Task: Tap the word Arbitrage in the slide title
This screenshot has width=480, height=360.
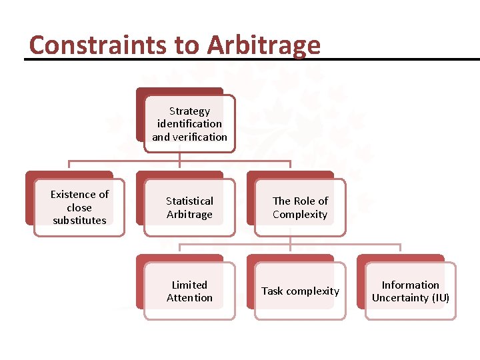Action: click(264, 45)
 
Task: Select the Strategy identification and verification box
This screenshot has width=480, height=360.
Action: click(189, 124)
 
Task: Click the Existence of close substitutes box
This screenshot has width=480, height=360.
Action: click(79, 207)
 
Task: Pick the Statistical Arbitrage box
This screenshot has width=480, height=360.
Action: click(189, 207)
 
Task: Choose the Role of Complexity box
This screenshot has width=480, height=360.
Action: click(300, 207)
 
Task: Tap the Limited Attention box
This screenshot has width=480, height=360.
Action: click(189, 291)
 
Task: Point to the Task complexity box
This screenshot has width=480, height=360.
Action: click(300, 291)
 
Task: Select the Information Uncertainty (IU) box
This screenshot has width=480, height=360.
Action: click(411, 291)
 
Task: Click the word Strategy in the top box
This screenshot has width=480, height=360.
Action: click(189, 111)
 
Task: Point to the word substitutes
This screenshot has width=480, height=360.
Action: click(79, 221)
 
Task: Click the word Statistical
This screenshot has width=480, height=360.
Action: click(189, 201)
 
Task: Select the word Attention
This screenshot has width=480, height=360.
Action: click(189, 298)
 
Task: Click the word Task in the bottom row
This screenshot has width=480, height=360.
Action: click(273, 291)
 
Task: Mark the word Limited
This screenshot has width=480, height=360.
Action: click(189, 285)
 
